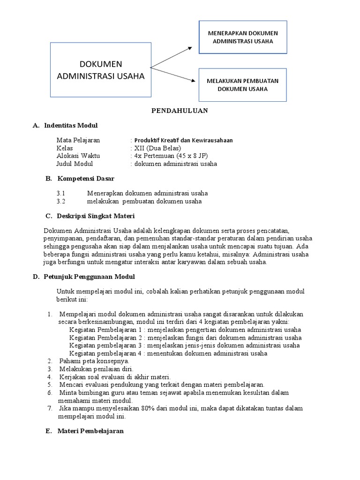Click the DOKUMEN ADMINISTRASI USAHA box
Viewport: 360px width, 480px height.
tap(101, 70)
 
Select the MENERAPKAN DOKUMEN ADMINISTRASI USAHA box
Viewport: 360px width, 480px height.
tap(243, 37)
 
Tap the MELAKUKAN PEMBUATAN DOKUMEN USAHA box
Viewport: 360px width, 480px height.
tap(243, 85)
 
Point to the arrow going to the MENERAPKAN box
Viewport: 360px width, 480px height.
tap(171, 57)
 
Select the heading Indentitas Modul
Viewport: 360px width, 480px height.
tap(71, 126)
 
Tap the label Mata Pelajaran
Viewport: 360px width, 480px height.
tap(78, 140)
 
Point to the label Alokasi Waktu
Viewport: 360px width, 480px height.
tap(78, 156)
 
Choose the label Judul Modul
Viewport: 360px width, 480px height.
tap(75, 164)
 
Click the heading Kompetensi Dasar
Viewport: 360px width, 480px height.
tap(86, 179)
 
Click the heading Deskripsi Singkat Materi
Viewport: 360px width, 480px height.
tap(96, 216)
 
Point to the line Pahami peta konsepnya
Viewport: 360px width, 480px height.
tap(94, 361)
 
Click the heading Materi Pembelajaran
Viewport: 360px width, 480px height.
tap(90, 431)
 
